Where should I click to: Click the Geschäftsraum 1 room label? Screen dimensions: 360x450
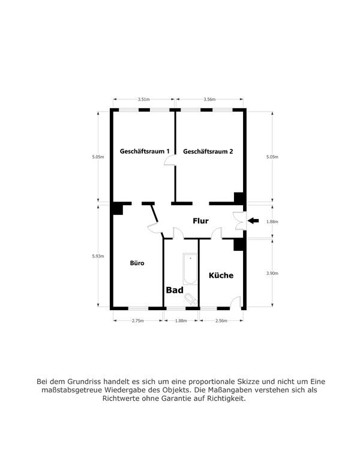(145, 151)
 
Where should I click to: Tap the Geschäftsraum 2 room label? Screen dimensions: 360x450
(208, 151)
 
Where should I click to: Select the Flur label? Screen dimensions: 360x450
(200, 221)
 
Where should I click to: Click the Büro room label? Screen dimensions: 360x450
(137, 263)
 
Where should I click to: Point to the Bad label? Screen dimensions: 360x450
(175, 290)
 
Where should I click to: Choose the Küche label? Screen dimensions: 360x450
(221, 275)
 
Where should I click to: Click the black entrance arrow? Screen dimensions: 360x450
(253, 221)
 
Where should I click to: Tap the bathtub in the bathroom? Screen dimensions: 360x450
(190, 269)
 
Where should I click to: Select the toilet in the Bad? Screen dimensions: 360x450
(191, 299)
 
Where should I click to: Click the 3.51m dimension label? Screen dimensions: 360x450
(143, 99)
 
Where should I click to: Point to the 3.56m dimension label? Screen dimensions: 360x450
(209, 99)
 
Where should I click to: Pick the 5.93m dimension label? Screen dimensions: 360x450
(98, 256)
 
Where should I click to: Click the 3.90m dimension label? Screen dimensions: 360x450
(272, 273)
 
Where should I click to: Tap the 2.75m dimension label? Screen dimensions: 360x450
(138, 321)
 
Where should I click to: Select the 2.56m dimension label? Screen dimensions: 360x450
(221, 321)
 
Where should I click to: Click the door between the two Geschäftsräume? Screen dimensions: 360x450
(170, 160)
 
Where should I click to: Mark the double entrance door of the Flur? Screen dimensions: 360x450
(240, 221)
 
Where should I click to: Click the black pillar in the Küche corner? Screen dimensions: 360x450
(239, 245)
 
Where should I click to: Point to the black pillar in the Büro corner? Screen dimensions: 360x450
(118, 209)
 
